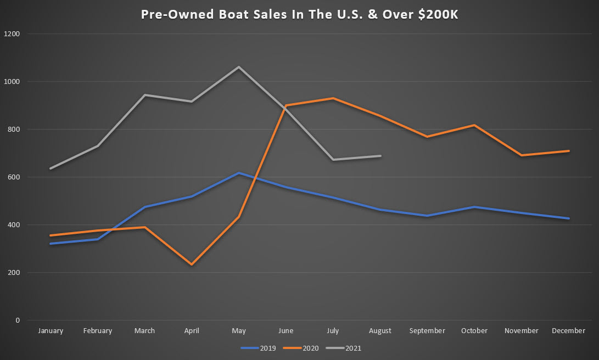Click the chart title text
coord(299,15)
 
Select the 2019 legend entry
coord(267,347)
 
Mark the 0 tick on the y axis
coord(18,320)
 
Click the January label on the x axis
coord(51,331)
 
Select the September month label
coord(427,331)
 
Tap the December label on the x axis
coord(569,331)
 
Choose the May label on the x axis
coord(239,331)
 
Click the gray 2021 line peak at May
coord(239,67)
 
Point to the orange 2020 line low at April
coord(192,265)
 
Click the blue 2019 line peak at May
coord(239,173)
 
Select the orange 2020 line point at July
coord(333,98)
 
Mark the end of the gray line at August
coord(380,156)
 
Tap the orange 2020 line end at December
coord(569,151)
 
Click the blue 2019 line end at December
coord(569,218)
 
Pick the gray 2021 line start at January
coord(51,168)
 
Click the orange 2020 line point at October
coord(474,125)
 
